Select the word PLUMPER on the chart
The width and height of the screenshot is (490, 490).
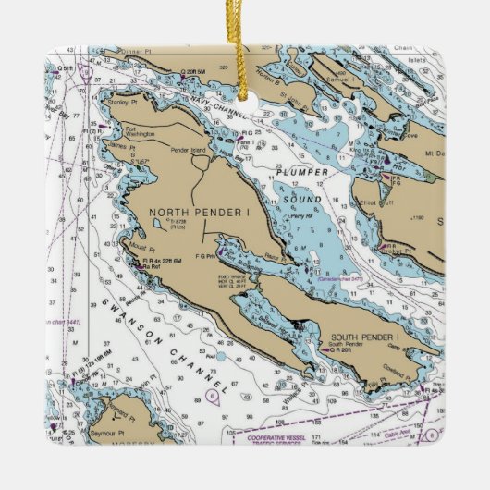(306, 172)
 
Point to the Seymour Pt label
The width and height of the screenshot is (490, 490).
(108, 434)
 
